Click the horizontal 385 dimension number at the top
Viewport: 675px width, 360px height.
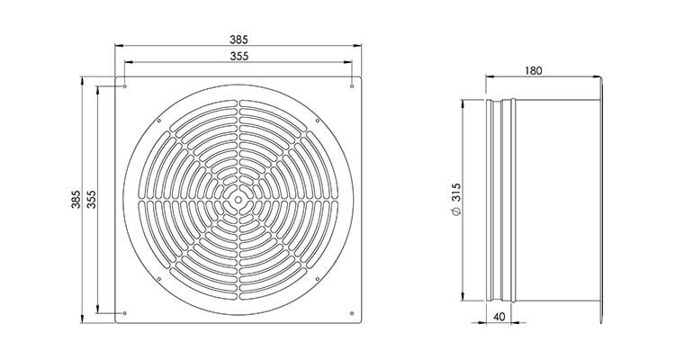pos(238,40)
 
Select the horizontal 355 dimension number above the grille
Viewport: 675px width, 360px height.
pos(238,56)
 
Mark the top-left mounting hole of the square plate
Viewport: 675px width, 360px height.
pos(125,88)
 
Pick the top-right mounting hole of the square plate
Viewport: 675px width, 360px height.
pos(350,88)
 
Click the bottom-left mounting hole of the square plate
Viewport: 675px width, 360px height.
pos(125,312)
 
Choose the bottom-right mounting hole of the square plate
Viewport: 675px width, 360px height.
pos(350,312)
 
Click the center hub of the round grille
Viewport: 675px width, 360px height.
pos(238,200)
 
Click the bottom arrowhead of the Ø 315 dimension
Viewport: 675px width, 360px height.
pos(463,300)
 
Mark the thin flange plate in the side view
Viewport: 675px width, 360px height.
pos(601,200)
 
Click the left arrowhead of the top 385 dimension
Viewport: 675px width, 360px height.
pos(116,47)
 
